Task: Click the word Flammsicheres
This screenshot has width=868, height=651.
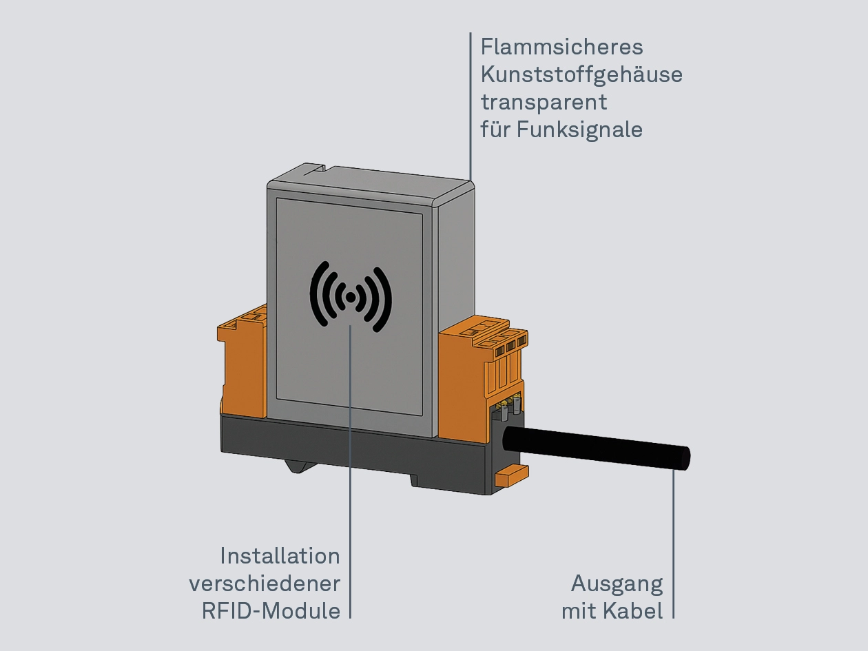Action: click(x=561, y=47)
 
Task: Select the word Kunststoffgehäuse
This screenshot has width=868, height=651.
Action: click(x=581, y=74)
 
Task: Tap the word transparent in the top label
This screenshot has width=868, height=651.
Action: click(x=544, y=102)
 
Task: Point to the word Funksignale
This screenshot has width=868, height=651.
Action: click(x=580, y=130)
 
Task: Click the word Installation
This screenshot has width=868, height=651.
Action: click(x=280, y=556)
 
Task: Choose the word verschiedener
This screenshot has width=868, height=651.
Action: click(x=265, y=583)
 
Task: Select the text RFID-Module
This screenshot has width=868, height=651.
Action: click(x=271, y=611)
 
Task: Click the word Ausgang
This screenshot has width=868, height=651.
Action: click(x=617, y=584)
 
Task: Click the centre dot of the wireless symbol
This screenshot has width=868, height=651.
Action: click(x=351, y=297)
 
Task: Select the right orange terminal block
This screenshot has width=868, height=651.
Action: click(x=475, y=379)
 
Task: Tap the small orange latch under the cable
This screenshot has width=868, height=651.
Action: click(x=510, y=475)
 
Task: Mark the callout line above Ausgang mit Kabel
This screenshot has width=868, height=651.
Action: click(x=673, y=544)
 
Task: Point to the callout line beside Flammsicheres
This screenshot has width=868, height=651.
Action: click(x=471, y=103)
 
